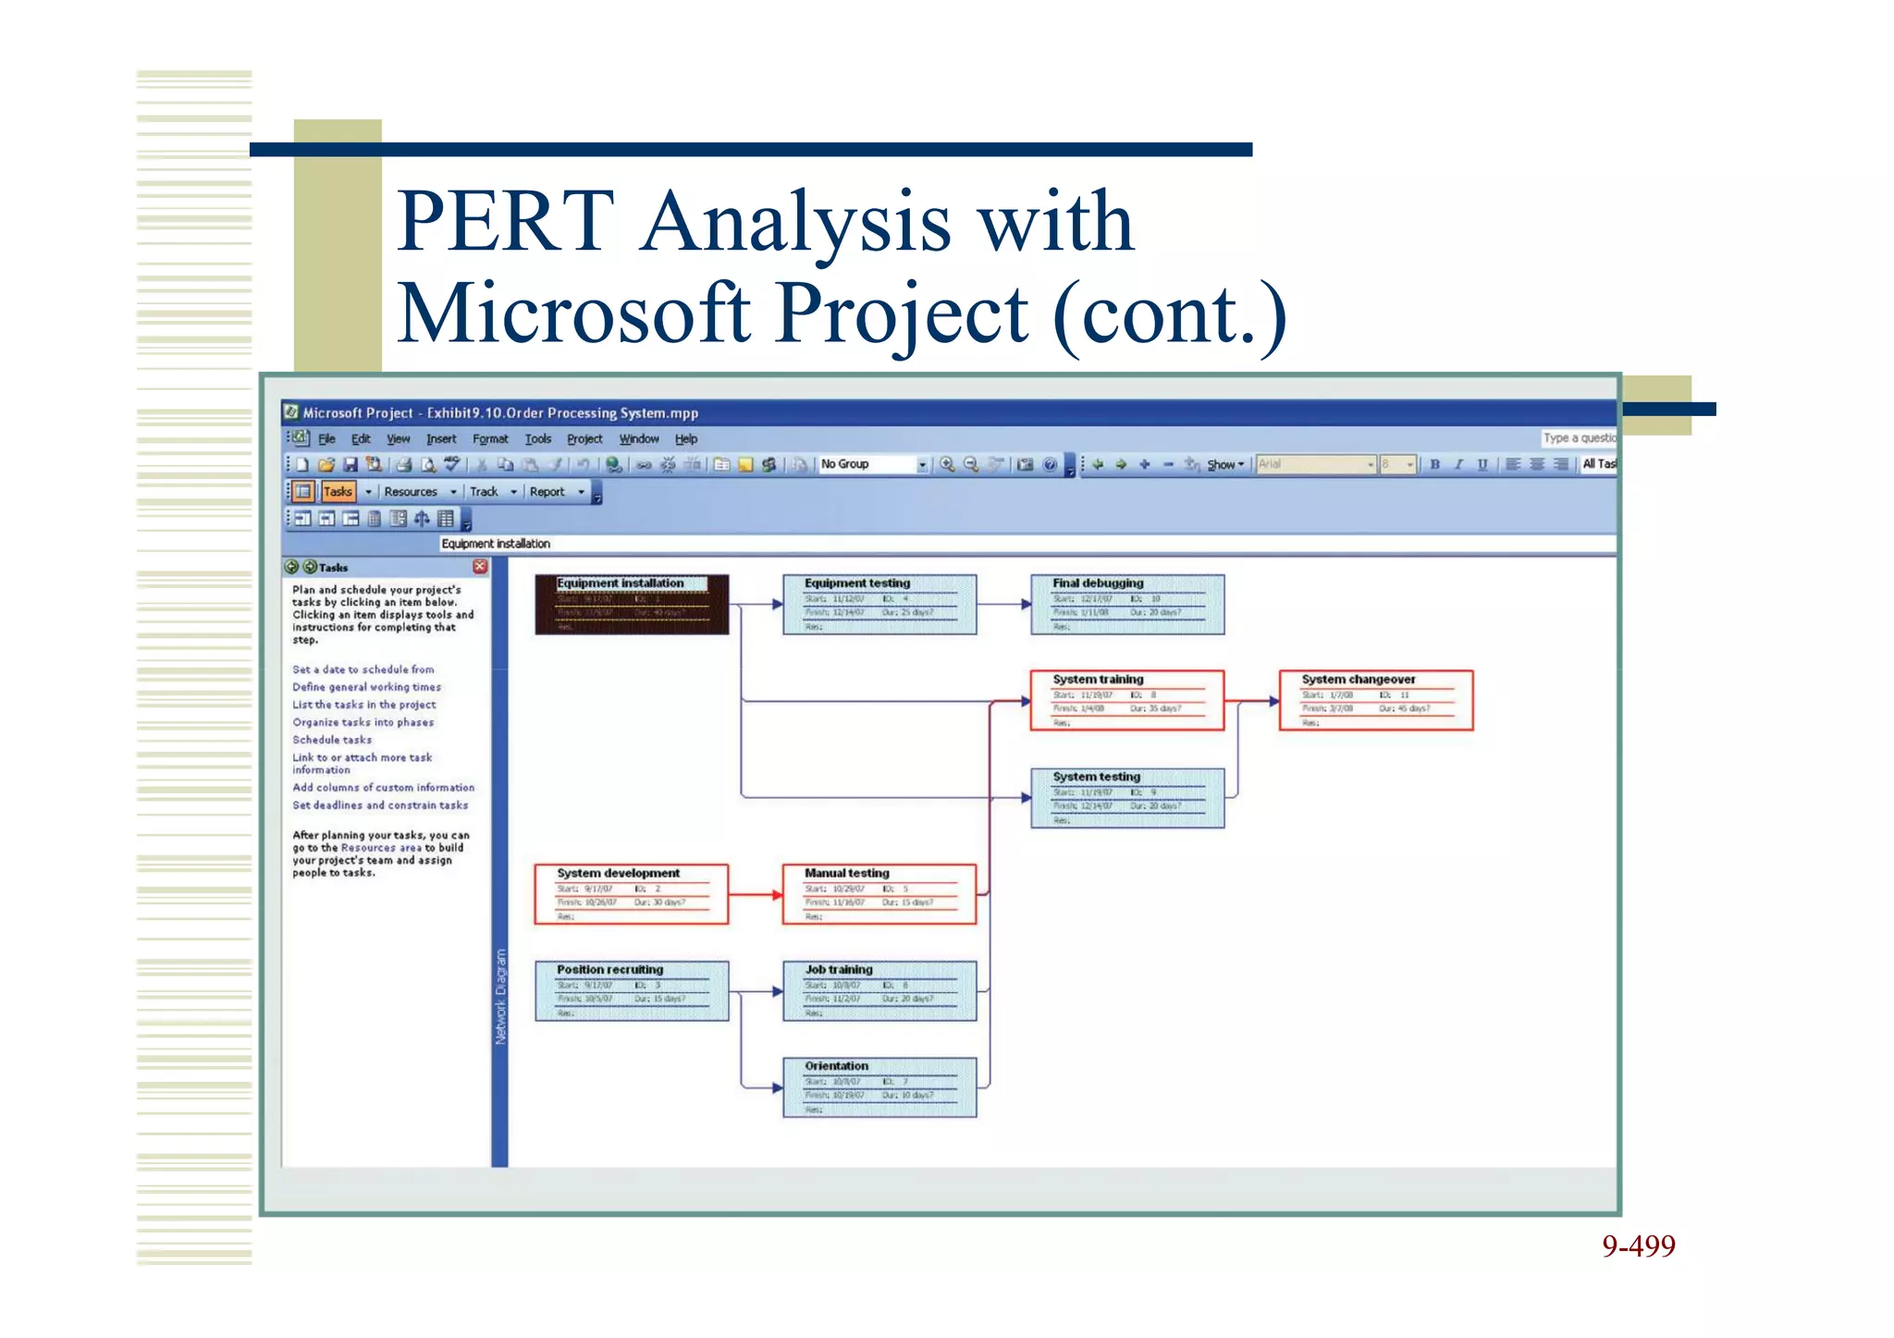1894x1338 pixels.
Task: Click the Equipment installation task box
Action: click(632, 605)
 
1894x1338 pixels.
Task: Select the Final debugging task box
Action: click(1127, 605)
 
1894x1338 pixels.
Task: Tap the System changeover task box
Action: click(1375, 701)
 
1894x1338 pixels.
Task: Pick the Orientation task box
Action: click(879, 1087)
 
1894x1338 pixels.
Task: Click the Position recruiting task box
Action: click(632, 991)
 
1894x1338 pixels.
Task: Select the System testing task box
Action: click(1127, 798)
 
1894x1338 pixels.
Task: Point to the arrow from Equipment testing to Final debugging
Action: click(1004, 605)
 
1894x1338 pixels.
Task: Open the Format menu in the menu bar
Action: click(490, 439)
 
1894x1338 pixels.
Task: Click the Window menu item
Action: click(639, 439)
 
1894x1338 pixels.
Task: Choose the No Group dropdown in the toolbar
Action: click(873, 464)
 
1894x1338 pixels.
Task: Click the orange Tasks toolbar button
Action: click(338, 492)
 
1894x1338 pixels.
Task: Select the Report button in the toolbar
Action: click(547, 492)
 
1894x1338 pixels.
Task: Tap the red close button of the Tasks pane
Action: click(480, 566)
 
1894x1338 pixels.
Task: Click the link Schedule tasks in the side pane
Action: click(332, 740)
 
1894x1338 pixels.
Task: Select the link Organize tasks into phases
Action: click(363, 722)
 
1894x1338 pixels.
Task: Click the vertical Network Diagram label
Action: click(500, 997)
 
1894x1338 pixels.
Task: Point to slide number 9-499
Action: click(1638, 1246)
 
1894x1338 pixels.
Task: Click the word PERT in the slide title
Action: click(506, 222)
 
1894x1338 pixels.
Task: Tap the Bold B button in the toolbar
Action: click(1434, 464)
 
